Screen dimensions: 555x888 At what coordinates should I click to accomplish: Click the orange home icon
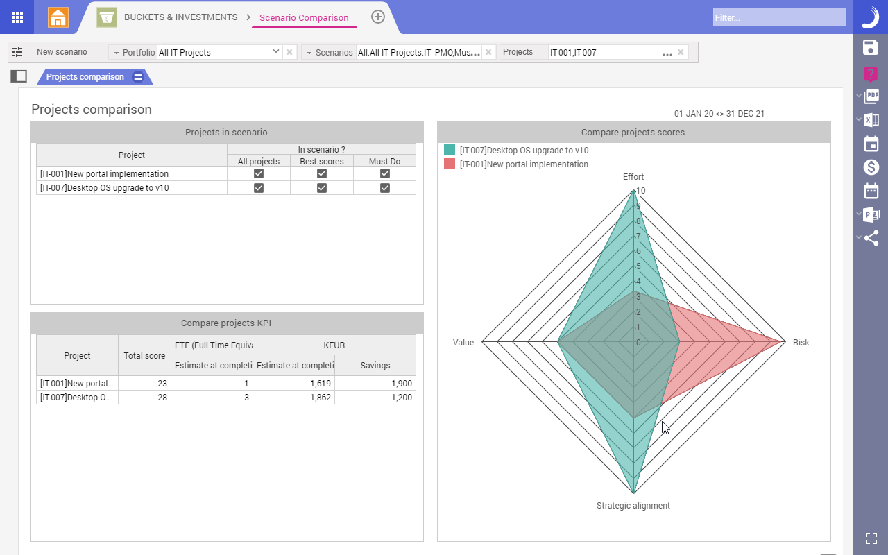coord(58,17)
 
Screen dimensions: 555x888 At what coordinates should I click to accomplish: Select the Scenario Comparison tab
coord(304,18)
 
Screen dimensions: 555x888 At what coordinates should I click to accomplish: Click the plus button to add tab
coord(378,17)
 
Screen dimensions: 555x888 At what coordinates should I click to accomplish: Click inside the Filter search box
coord(779,17)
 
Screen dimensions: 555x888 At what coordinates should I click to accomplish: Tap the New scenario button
coord(62,52)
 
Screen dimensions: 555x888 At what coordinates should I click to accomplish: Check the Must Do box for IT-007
coord(385,188)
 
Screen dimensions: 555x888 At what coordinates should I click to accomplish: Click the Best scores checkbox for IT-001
coord(322,173)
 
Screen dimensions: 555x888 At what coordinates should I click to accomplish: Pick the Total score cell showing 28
coord(144,398)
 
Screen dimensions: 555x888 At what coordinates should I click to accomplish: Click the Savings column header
coord(375,366)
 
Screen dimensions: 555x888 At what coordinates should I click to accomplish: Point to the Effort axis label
coord(633,177)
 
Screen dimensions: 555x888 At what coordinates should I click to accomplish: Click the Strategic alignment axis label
coord(633,506)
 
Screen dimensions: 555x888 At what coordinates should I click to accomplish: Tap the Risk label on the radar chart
coord(801,343)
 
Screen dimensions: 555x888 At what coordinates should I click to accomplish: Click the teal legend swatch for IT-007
coord(450,150)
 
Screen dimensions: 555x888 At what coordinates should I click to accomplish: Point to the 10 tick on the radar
coord(640,191)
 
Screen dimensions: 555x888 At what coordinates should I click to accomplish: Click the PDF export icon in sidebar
coord(871,96)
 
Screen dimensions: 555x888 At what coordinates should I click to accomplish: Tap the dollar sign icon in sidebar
coord(871,167)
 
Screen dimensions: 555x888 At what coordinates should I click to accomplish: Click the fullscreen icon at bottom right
coord(871,538)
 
